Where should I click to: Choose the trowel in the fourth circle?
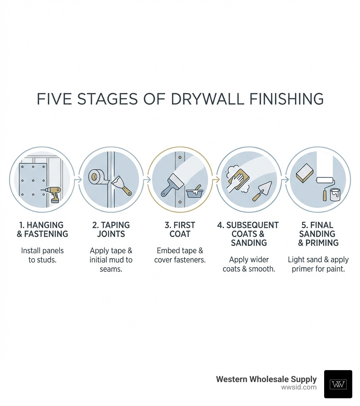click(262, 191)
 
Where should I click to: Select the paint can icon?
click(335, 195)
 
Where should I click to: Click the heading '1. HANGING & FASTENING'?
click(43, 229)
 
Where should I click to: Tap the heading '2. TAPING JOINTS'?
click(111, 229)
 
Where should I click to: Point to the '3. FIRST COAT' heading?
click(180, 229)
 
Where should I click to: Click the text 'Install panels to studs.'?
click(43, 255)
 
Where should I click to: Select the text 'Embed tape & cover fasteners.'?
click(180, 255)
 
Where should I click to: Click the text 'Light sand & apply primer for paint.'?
click(318, 264)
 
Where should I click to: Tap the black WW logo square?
click(338, 384)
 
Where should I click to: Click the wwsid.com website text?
click(299, 387)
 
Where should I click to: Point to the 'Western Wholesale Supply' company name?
click(266, 379)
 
